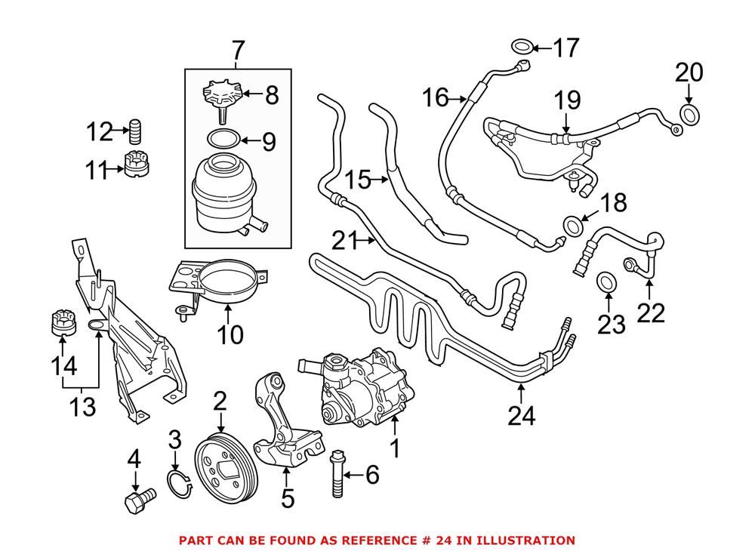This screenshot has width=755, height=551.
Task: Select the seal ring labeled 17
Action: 520,50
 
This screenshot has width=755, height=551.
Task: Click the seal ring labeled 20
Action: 690,115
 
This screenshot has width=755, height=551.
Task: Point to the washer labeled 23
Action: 606,283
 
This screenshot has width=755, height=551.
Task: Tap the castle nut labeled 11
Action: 137,163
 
